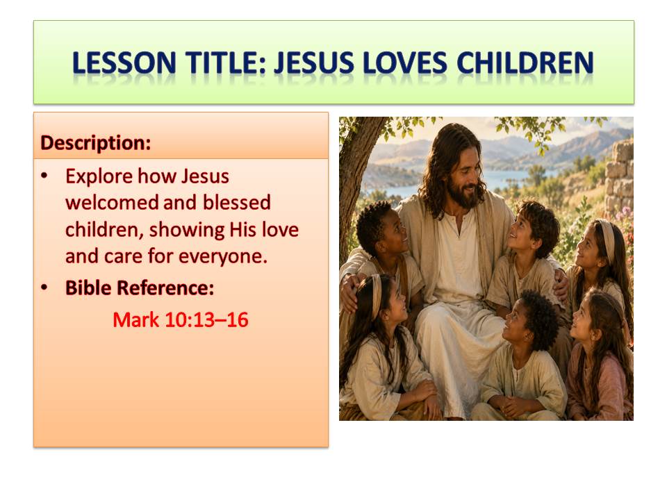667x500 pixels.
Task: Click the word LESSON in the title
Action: click(124, 63)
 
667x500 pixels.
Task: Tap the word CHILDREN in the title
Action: click(525, 63)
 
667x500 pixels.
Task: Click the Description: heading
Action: click(96, 143)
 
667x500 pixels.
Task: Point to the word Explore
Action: click(99, 176)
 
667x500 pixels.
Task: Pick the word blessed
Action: click(236, 202)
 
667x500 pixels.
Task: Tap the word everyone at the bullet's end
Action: click(223, 257)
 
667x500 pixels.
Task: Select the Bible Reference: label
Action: click(140, 287)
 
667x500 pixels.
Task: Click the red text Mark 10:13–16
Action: click(181, 319)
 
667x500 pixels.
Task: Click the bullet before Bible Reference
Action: click(44, 287)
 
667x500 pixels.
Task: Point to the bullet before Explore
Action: click(44, 176)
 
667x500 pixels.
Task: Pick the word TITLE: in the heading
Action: click(225, 63)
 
